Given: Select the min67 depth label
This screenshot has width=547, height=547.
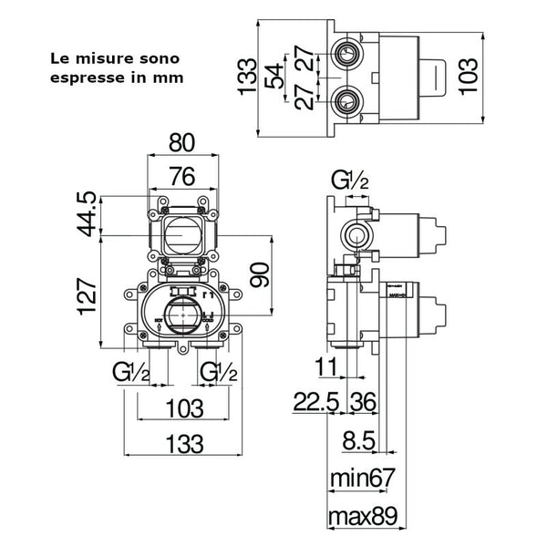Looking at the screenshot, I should click(x=365, y=477).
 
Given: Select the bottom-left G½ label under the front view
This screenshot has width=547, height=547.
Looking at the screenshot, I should click(x=131, y=371).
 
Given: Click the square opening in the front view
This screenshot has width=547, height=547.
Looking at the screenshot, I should click(x=184, y=232).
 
